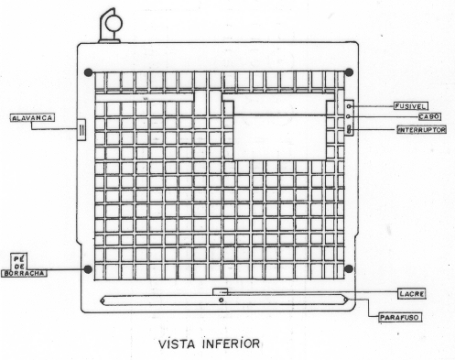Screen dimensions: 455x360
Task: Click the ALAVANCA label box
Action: (x=32, y=118)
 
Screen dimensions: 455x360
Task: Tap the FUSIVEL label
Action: (x=410, y=106)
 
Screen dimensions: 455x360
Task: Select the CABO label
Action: (x=429, y=116)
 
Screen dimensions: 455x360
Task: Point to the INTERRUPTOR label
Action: (x=422, y=130)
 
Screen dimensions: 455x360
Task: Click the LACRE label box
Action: (x=412, y=294)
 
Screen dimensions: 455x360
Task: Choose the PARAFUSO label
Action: (x=399, y=318)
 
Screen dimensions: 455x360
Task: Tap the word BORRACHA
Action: (x=24, y=273)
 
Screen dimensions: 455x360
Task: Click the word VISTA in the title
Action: (x=177, y=344)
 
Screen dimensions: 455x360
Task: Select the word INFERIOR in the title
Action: (x=231, y=344)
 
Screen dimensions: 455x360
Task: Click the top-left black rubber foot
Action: (x=88, y=72)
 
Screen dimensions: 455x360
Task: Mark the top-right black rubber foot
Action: (x=349, y=72)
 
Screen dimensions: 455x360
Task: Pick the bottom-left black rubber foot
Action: (x=88, y=269)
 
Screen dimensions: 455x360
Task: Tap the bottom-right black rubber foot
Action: (x=349, y=269)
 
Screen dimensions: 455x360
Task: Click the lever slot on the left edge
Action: (x=81, y=130)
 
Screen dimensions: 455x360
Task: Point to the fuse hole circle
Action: (x=349, y=106)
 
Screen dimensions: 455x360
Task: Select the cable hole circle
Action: (x=349, y=116)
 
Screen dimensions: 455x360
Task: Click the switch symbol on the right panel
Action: (x=350, y=130)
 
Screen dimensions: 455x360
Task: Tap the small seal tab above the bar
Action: (x=221, y=291)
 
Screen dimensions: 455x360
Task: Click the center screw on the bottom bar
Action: (x=221, y=300)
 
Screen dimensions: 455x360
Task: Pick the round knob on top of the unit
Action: (x=114, y=24)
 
